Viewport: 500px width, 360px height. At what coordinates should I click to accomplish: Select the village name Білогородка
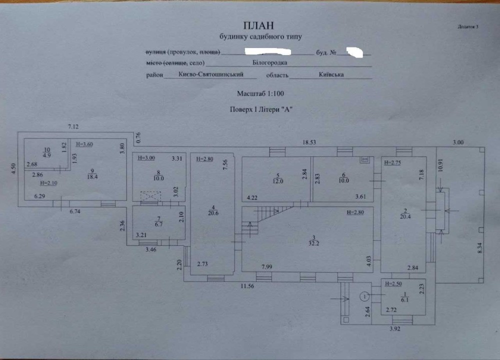270,63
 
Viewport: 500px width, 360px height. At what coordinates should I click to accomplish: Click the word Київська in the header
331,74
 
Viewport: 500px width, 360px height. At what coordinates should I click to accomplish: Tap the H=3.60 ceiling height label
84,144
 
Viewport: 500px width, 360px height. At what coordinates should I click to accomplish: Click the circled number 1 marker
365,296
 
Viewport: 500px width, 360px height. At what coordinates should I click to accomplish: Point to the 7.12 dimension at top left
73,127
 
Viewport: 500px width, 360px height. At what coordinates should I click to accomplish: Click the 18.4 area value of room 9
92,176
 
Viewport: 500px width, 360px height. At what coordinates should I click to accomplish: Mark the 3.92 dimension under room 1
395,328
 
